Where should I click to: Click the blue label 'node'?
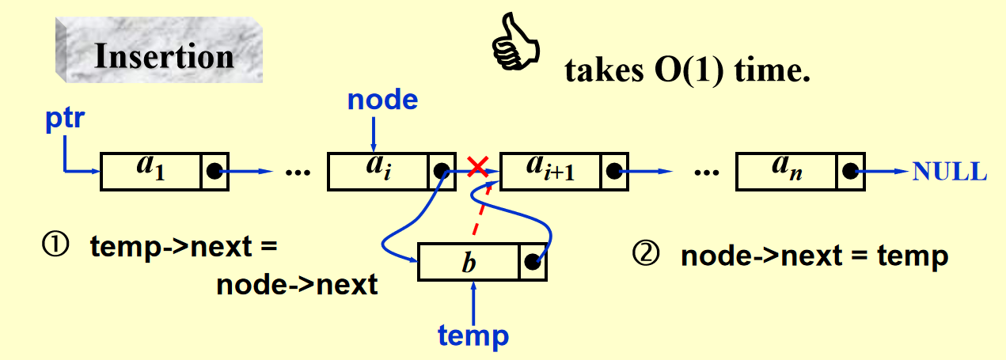pyautogui.click(x=383, y=99)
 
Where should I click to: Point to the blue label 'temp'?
pyautogui.click(x=473, y=336)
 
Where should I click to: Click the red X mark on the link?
pyautogui.click(x=477, y=166)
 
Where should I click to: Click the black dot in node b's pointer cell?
pyautogui.click(x=532, y=263)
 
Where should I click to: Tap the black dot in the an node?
pyautogui.click(x=849, y=171)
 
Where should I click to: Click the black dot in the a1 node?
pyautogui.click(x=214, y=171)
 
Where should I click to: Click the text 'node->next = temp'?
pyautogui.click(x=814, y=256)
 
